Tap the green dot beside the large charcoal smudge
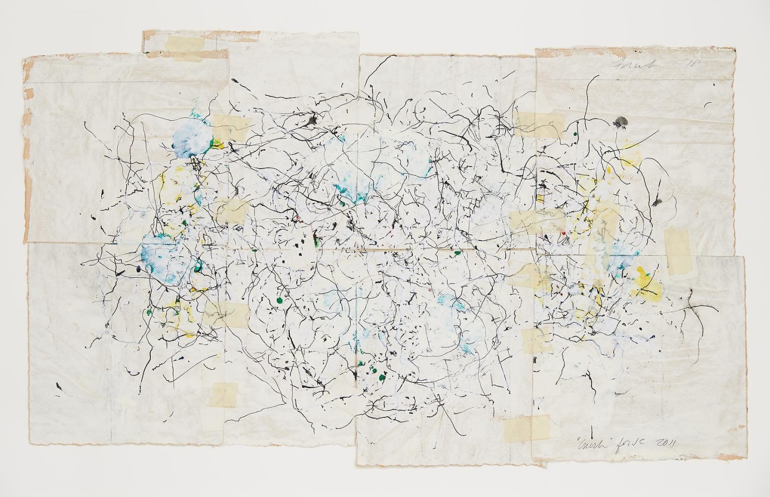coord(575,134)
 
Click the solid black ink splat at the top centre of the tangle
coord(312,119)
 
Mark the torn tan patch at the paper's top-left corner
coord(28,65)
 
